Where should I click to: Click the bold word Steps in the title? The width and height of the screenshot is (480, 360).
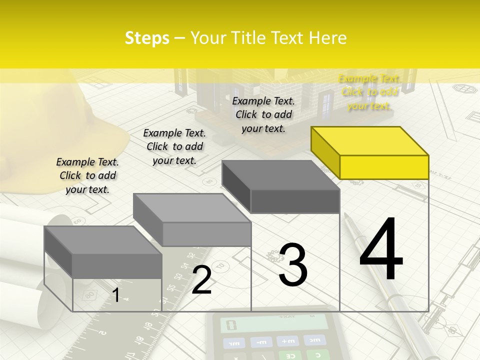click(x=147, y=38)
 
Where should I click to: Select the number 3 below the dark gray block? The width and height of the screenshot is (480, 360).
click(x=293, y=264)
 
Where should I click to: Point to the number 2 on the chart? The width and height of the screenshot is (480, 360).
click(x=201, y=280)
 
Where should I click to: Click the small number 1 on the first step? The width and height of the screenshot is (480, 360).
click(x=115, y=295)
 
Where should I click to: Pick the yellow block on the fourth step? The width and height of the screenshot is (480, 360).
click(x=370, y=152)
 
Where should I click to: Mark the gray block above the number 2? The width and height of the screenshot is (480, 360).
click(x=192, y=220)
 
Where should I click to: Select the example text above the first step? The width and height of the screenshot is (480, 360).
click(x=87, y=175)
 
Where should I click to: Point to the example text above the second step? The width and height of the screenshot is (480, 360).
click(x=174, y=146)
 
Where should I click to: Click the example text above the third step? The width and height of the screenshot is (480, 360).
click(x=263, y=114)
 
